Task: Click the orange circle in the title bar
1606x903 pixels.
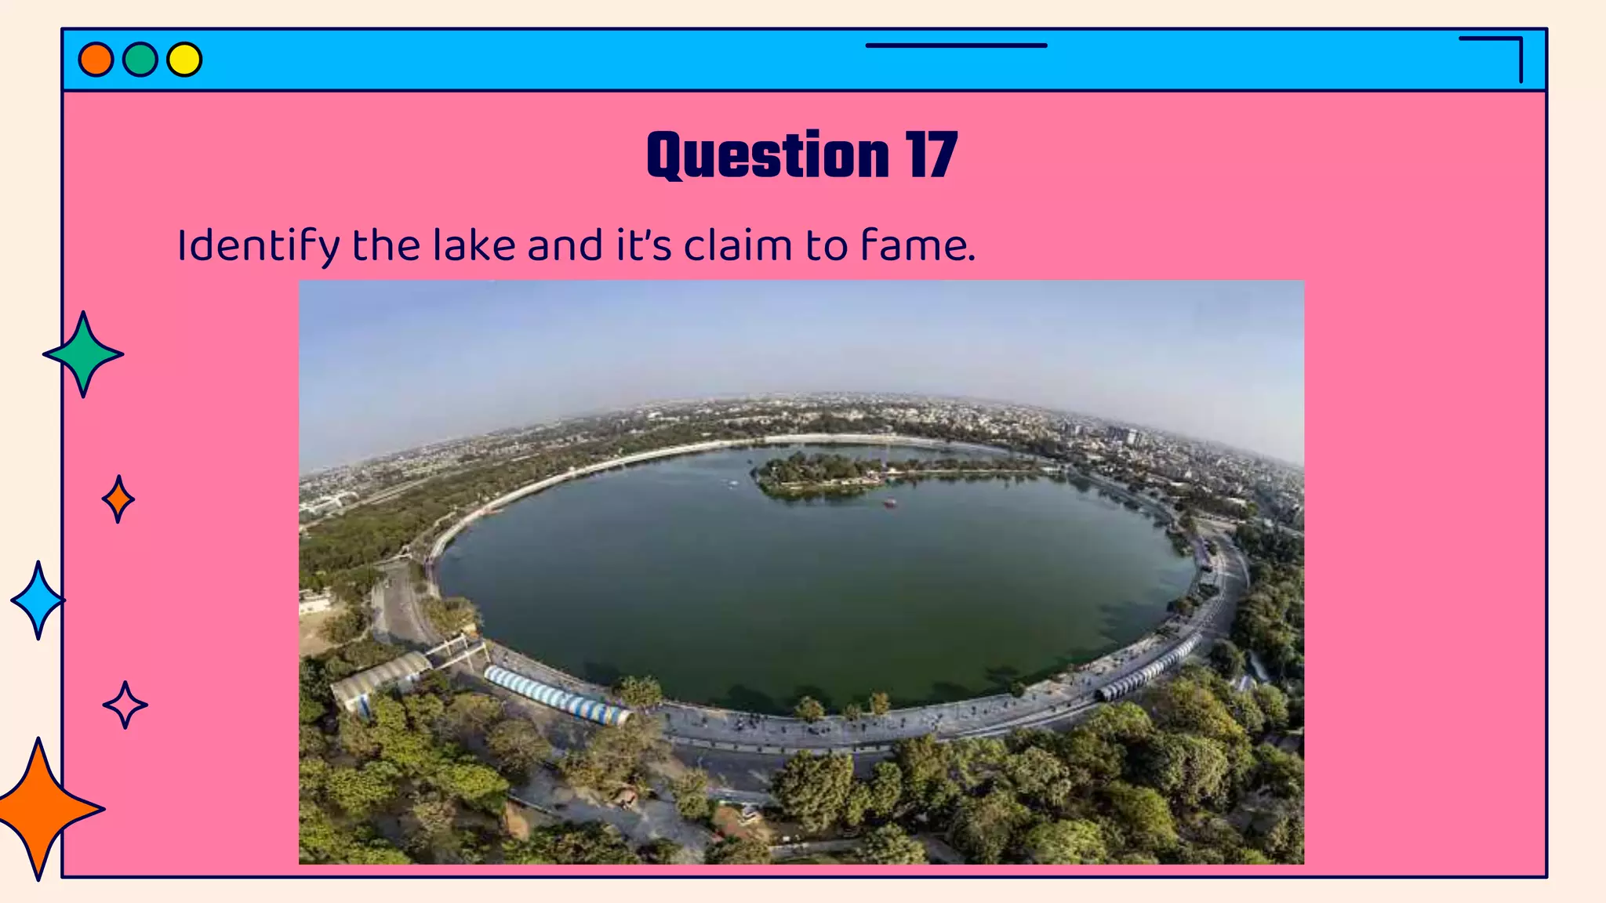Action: (x=96, y=60)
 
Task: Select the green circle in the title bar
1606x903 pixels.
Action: (x=140, y=60)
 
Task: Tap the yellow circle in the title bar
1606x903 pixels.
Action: (x=184, y=60)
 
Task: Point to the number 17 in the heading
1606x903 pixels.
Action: (x=931, y=155)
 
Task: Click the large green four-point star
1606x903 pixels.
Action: (x=83, y=354)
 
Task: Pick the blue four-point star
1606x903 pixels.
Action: (x=38, y=600)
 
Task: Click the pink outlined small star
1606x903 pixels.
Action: (x=125, y=705)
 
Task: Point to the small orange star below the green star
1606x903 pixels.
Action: (x=118, y=499)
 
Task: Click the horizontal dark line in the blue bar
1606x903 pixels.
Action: (x=956, y=45)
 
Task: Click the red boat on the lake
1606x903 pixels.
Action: (x=889, y=502)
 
